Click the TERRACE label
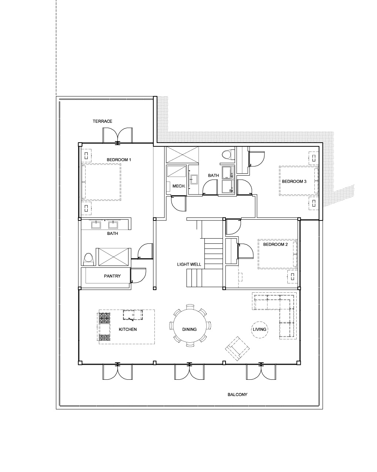(x=102, y=121)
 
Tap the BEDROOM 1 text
(x=119, y=160)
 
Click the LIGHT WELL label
(x=189, y=264)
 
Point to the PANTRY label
(x=112, y=276)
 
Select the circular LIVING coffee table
(x=259, y=329)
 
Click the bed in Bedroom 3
(x=298, y=181)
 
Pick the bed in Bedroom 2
(x=277, y=254)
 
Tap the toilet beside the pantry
(x=88, y=259)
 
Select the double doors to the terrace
(x=117, y=136)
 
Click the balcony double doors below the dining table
(x=189, y=372)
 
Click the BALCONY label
(x=237, y=395)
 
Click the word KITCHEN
(x=128, y=329)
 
